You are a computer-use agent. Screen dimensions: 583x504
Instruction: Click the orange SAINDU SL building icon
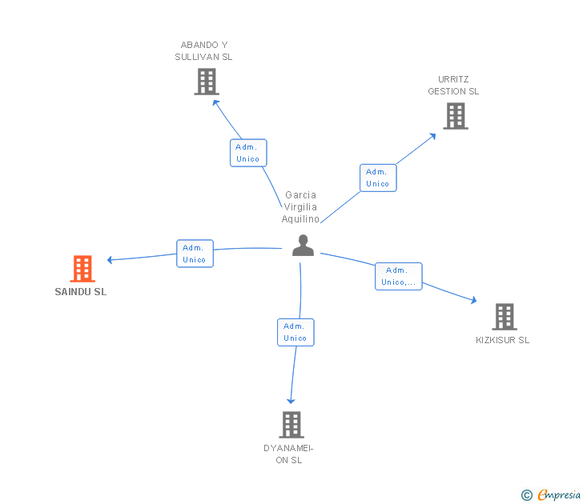(82, 269)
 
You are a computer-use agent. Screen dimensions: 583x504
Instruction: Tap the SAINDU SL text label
(80, 292)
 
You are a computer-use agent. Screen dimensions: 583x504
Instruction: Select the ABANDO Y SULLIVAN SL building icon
(206, 82)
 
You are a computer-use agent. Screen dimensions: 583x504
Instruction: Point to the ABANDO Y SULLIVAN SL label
(204, 50)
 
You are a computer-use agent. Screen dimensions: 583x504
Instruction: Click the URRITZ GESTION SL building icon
(455, 116)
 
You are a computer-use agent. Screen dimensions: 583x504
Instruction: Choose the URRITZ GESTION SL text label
(453, 86)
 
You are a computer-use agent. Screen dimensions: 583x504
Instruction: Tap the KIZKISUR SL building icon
(504, 317)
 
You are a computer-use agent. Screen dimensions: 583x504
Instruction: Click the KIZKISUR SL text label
(502, 340)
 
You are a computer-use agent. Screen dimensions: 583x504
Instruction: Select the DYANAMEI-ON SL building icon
(291, 424)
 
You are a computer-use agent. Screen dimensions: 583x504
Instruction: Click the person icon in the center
(303, 245)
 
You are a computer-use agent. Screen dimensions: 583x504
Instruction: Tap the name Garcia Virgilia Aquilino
(300, 207)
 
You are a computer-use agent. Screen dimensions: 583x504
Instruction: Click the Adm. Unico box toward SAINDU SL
(195, 254)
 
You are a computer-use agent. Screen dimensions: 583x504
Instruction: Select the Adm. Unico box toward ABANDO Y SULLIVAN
(248, 153)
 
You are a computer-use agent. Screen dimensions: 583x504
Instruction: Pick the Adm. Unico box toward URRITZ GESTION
(377, 178)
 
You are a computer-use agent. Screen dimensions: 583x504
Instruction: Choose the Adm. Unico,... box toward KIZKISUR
(398, 276)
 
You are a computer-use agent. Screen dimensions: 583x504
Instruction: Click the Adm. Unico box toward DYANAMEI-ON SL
(296, 332)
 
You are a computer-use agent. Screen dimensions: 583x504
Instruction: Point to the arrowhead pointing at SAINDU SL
(111, 259)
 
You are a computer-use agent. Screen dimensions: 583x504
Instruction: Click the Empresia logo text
(559, 494)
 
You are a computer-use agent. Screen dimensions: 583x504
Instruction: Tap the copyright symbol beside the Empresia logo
(526, 495)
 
